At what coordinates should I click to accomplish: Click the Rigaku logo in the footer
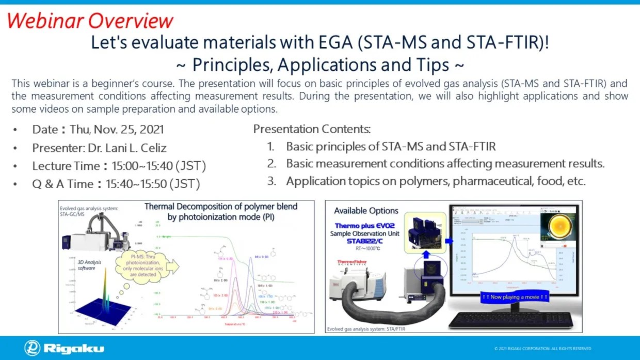pyautogui.click(x=64, y=348)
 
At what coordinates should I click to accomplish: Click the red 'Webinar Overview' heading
pyautogui.click(x=90, y=21)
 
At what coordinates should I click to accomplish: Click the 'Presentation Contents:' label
pyautogui.click(x=312, y=129)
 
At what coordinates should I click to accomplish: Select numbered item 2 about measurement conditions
pyautogui.click(x=445, y=164)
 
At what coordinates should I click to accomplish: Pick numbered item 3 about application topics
pyautogui.click(x=436, y=181)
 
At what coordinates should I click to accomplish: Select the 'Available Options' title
pyautogui.click(x=366, y=211)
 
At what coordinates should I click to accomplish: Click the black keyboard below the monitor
pyautogui.click(x=511, y=320)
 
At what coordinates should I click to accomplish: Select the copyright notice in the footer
pyautogui.click(x=542, y=349)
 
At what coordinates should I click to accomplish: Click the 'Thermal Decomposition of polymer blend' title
pyautogui.click(x=221, y=207)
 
